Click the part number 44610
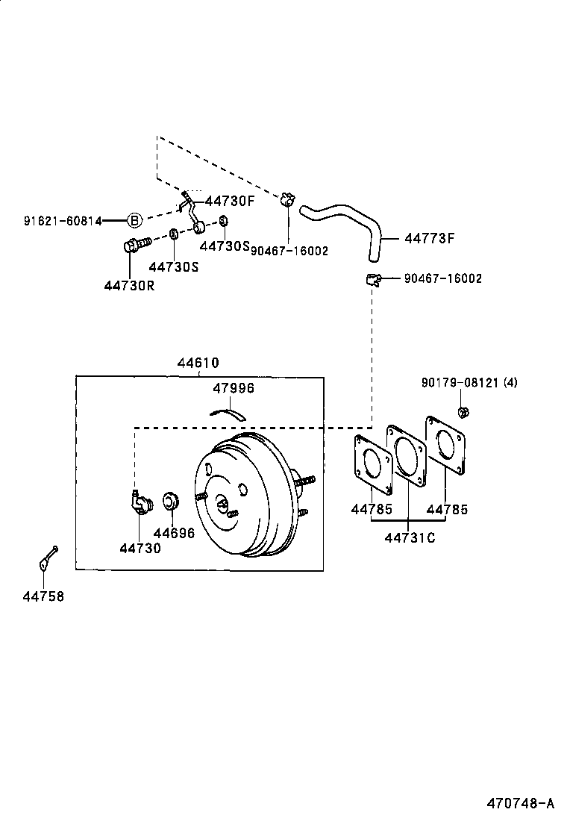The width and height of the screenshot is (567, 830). tap(198, 363)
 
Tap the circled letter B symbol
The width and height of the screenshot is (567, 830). tap(134, 220)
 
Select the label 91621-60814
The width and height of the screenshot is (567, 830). tap(63, 220)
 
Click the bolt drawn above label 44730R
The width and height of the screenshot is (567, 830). tap(134, 243)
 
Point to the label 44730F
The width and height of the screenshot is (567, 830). tap(230, 200)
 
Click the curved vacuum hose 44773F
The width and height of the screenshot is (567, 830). tap(351, 220)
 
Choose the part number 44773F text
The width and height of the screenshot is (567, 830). tap(429, 239)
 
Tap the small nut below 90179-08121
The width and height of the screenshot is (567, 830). tap(462, 411)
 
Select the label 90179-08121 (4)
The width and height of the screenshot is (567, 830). tap(469, 383)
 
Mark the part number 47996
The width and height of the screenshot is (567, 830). tap(234, 388)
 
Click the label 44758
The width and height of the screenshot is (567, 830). tap(43, 596)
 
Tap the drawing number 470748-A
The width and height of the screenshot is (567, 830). tap(521, 804)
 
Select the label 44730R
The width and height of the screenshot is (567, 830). tap(129, 285)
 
